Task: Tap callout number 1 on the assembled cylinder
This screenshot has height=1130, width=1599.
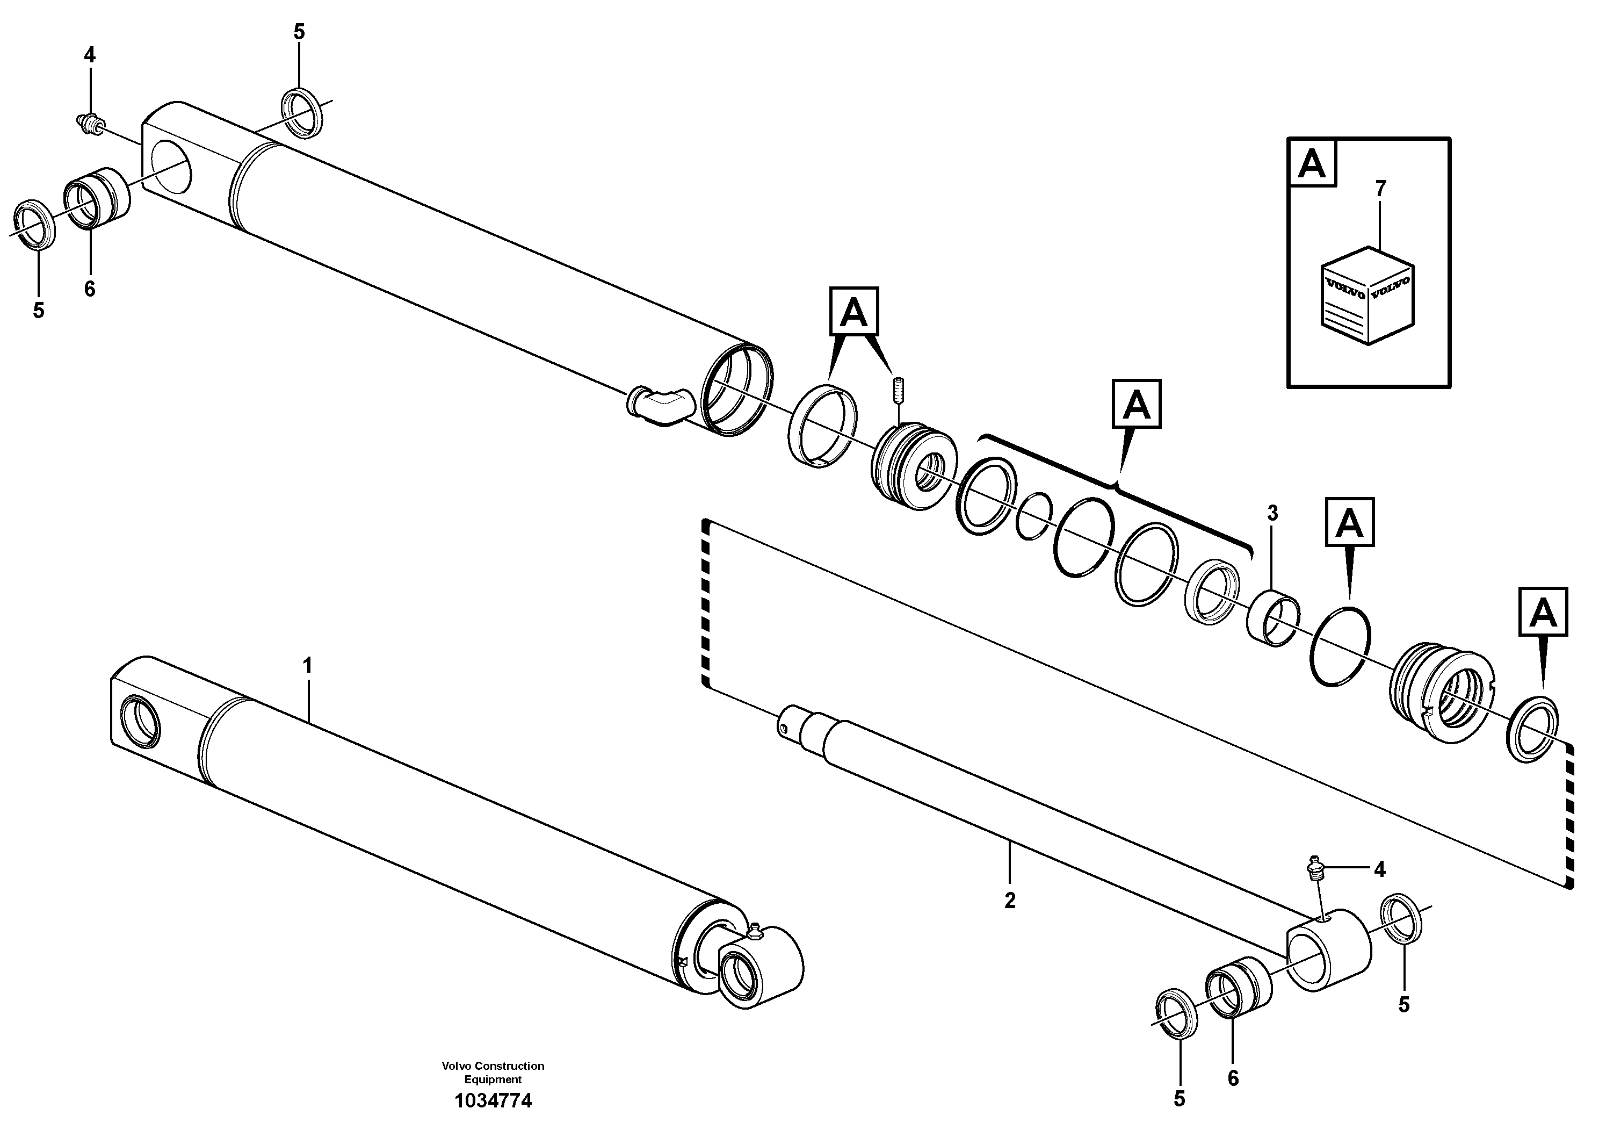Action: [307, 665]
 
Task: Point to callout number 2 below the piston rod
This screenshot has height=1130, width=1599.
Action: [1010, 900]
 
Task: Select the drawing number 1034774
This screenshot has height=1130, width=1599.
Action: [493, 1101]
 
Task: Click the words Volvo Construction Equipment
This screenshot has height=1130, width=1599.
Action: [493, 1072]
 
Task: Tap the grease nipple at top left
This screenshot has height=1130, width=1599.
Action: [89, 123]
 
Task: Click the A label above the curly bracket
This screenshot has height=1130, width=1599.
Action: [1136, 404]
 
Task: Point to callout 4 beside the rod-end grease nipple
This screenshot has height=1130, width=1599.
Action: [1379, 869]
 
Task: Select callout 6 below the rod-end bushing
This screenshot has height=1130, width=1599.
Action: [1233, 1078]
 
